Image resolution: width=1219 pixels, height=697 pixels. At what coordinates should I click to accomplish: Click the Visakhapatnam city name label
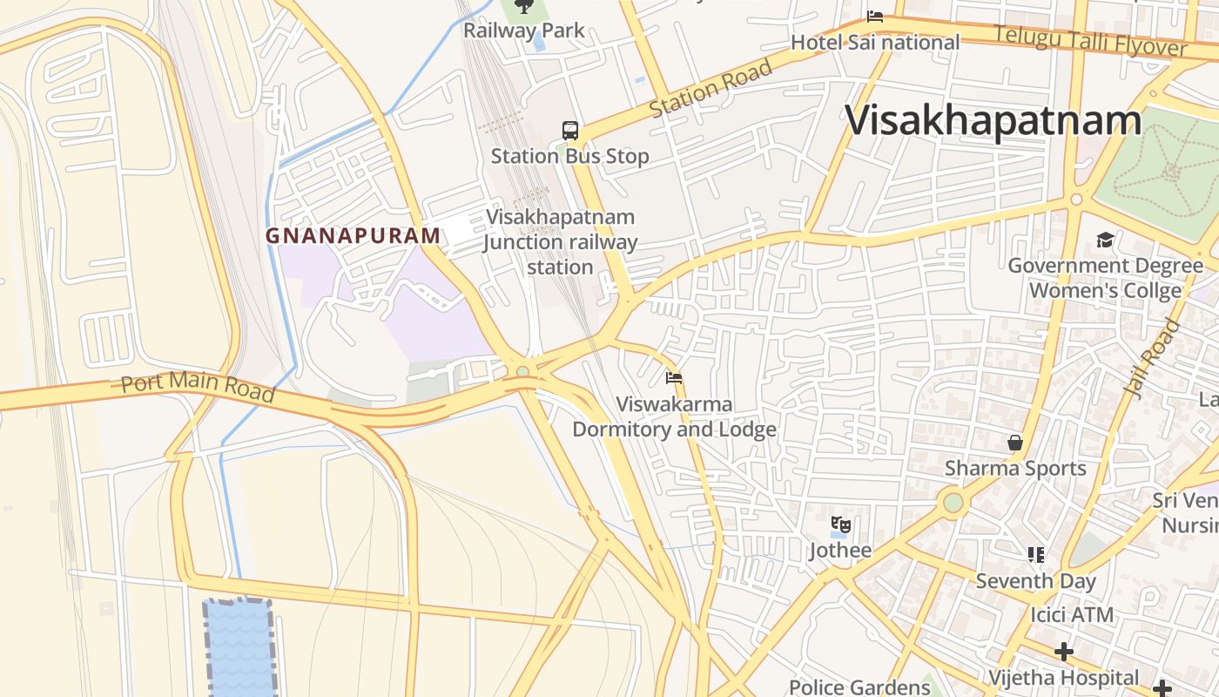(x=993, y=120)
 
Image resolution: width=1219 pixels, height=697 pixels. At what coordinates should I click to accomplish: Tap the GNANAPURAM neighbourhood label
(x=353, y=235)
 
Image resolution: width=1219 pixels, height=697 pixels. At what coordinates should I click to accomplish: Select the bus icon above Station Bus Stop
(x=570, y=131)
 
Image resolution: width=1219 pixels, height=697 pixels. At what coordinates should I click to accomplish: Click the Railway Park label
(x=524, y=30)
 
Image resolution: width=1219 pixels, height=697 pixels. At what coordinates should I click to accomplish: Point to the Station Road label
(x=711, y=88)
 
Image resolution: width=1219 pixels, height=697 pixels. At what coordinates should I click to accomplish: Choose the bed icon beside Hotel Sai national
(x=875, y=17)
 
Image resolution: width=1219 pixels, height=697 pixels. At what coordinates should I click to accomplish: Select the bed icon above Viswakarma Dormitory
(x=674, y=378)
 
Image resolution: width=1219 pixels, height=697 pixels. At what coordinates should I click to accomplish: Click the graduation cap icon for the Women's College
(x=1105, y=240)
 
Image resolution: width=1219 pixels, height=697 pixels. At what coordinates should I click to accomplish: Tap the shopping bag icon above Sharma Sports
(x=1015, y=443)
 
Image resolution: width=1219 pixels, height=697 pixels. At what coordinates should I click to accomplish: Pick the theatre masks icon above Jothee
(x=840, y=524)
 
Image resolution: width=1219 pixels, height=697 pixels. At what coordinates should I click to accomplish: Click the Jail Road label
(x=1152, y=358)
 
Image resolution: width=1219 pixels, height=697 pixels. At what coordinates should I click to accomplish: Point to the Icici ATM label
(x=1072, y=614)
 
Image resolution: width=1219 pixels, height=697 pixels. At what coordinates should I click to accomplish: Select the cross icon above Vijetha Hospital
(x=1063, y=652)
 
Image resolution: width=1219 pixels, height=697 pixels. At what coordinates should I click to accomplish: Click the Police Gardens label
(x=859, y=687)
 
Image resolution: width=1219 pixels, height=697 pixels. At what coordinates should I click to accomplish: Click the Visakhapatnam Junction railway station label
(x=561, y=241)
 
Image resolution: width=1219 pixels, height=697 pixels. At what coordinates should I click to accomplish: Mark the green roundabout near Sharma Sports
(x=953, y=503)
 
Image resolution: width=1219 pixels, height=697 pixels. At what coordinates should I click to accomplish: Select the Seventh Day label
(x=1035, y=580)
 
